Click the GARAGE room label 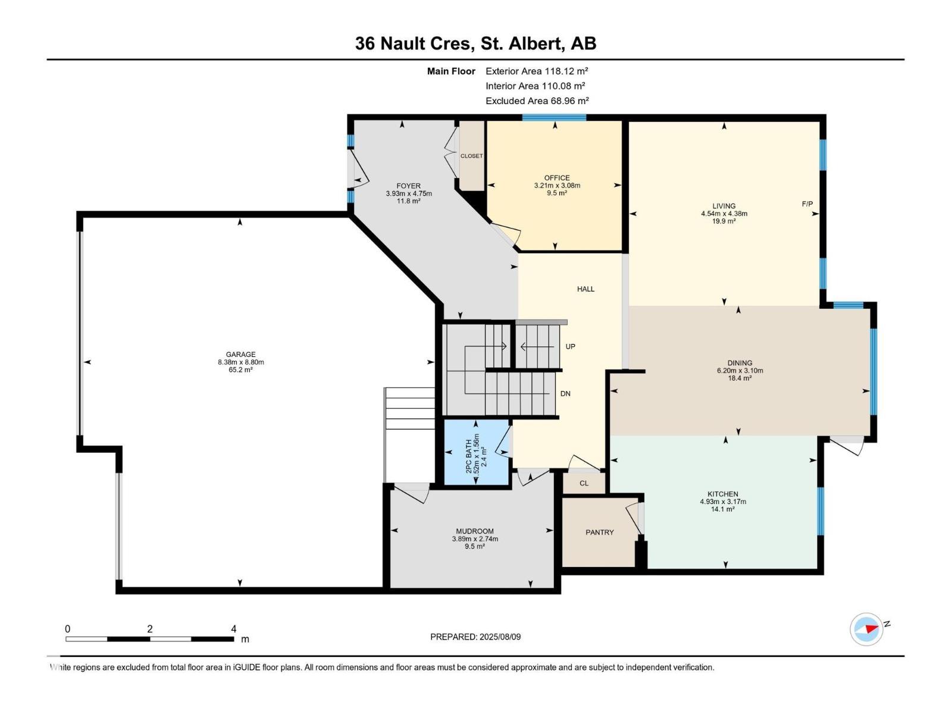[x=240, y=355]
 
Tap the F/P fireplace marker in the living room [x=807, y=204]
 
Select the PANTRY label [x=599, y=533]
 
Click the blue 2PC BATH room [x=477, y=453]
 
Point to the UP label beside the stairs [x=570, y=346]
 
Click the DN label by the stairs [x=565, y=393]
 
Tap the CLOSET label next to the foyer [x=472, y=156]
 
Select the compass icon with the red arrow [x=866, y=629]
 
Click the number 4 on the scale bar [x=234, y=629]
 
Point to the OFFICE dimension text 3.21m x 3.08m [x=557, y=186]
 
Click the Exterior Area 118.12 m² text [x=537, y=71]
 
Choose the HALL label [x=585, y=289]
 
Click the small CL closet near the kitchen [x=584, y=483]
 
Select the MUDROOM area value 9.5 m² [x=475, y=546]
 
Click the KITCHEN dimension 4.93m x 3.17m [x=723, y=502]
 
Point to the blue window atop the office [x=554, y=117]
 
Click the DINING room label [x=740, y=363]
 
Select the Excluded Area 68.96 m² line [x=537, y=101]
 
